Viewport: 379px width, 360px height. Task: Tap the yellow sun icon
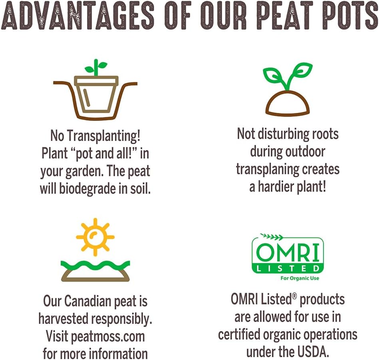point(95,237)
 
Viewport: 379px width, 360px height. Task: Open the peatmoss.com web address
point(108,336)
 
